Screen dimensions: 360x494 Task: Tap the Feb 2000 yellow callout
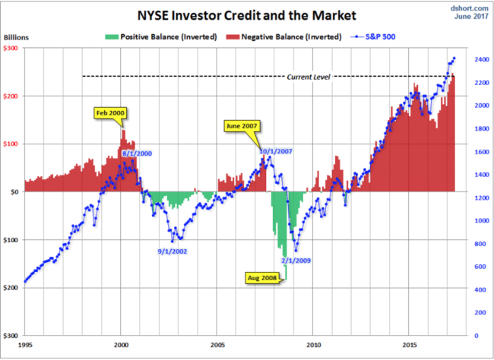coord(110,113)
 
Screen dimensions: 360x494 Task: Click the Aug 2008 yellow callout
coord(264,278)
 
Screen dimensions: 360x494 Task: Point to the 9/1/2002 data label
coord(173,251)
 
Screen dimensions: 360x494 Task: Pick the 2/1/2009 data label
coord(295,261)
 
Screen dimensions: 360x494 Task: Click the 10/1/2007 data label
coord(275,151)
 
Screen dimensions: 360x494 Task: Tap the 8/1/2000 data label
coord(138,153)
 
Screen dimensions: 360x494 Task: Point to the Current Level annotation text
coord(309,77)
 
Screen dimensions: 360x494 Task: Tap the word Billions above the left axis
coord(16,36)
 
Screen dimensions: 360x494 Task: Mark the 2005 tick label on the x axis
coord(217,343)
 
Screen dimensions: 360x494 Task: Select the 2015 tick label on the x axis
coord(410,343)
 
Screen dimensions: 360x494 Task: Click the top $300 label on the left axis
coord(11,48)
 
